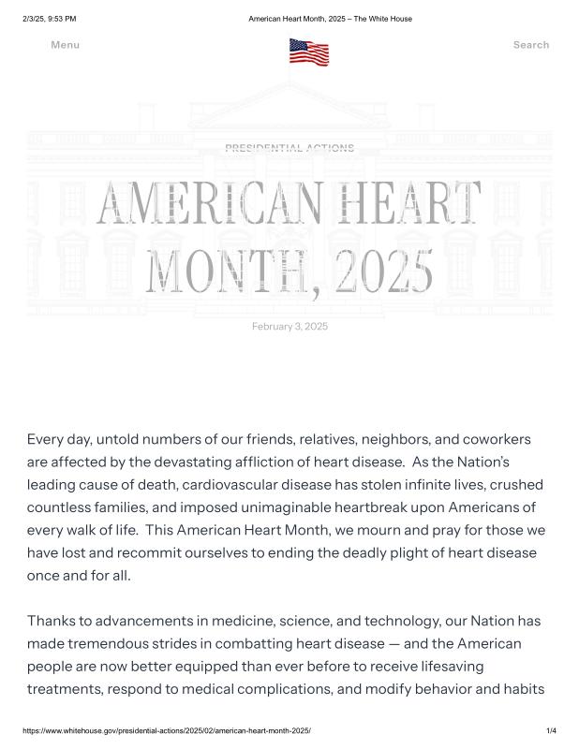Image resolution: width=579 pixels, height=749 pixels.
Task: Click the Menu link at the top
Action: click(65, 45)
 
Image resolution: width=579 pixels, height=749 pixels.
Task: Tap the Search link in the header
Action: click(530, 45)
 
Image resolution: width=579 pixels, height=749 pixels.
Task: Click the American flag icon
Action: click(309, 51)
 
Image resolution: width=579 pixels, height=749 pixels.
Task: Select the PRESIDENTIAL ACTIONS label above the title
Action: click(289, 148)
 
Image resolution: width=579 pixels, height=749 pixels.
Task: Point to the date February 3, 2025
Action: click(289, 326)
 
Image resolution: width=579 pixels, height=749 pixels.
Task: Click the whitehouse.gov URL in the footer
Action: click(166, 730)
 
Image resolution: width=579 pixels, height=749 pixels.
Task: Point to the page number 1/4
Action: click(551, 730)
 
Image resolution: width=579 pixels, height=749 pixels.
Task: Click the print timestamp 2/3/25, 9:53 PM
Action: click(50, 19)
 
